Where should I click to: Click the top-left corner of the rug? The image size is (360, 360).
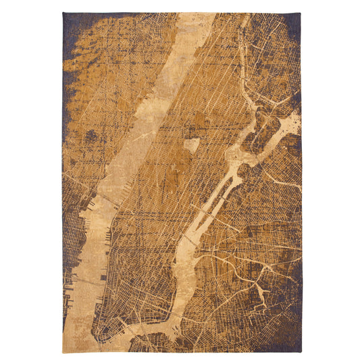[63, 13]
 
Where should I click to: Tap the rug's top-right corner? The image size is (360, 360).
[301, 13]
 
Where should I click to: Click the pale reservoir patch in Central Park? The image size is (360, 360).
[191, 145]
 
